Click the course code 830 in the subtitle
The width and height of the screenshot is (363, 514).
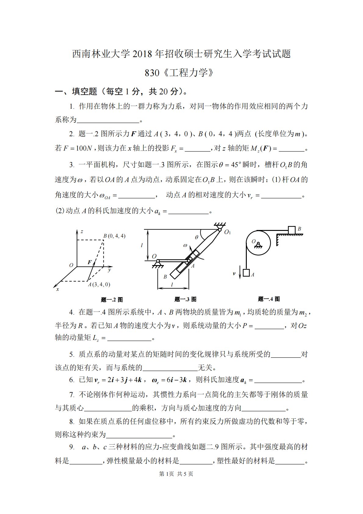pyautogui.click(x=152, y=73)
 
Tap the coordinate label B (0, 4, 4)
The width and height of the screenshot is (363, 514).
pyautogui.click(x=114, y=236)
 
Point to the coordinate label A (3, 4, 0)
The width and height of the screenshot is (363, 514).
pyautogui.click(x=99, y=284)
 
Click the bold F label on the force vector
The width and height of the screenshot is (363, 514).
pyautogui.click(x=90, y=262)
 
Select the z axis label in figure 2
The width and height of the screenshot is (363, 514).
pyautogui.click(x=82, y=232)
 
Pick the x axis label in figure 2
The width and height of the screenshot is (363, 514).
pyautogui.click(x=57, y=289)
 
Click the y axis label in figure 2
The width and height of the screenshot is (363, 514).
pyautogui.click(x=109, y=270)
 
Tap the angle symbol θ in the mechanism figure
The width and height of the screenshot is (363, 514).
pyautogui.click(x=196, y=237)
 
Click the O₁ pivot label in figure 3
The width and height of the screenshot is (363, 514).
pyautogui.click(x=228, y=232)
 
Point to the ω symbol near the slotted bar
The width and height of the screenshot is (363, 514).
pyautogui.click(x=185, y=245)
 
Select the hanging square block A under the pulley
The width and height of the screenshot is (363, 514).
pyautogui.click(x=246, y=273)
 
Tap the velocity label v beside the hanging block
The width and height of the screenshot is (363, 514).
pyautogui.click(x=234, y=274)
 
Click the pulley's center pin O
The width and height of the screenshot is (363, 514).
pyautogui.click(x=258, y=243)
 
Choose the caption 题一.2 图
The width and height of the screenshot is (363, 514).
pyautogui.click(x=112, y=300)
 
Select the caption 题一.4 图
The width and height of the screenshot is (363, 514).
pyautogui.click(x=269, y=299)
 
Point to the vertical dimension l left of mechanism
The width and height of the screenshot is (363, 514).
pyautogui.click(x=142, y=245)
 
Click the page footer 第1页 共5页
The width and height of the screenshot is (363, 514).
pyautogui.click(x=176, y=474)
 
